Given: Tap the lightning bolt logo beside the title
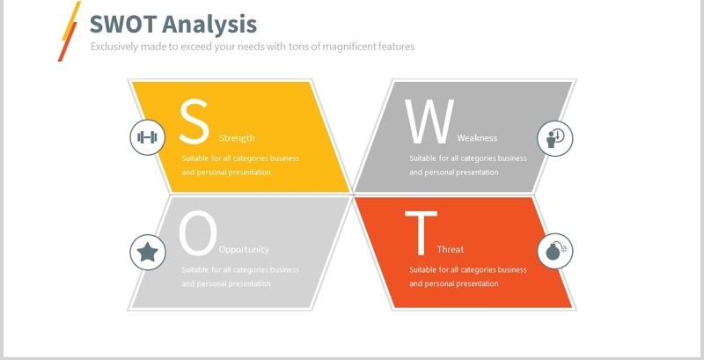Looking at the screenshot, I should click(x=70, y=31).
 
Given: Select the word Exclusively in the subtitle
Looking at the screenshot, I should click(x=116, y=46).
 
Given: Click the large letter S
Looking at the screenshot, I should click(x=194, y=121).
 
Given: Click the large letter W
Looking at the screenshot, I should click(x=429, y=121).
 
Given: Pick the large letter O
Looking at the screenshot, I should click(x=197, y=232).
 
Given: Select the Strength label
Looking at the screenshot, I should click(x=237, y=138).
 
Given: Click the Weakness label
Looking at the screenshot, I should click(x=477, y=138).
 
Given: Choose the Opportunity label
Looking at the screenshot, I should click(x=244, y=249).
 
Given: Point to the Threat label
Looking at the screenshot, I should click(x=451, y=249).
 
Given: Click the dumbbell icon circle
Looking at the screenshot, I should click(x=148, y=137).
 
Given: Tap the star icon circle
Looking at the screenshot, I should click(x=148, y=253).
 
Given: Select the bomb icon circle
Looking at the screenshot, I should click(x=555, y=251).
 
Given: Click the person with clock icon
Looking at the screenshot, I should click(x=555, y=137).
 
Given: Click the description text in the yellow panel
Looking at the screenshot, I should click(x=240, y=165).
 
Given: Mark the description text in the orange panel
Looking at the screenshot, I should click(x=467, y=276).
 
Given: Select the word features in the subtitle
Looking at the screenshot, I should click(x=393, y=46).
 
